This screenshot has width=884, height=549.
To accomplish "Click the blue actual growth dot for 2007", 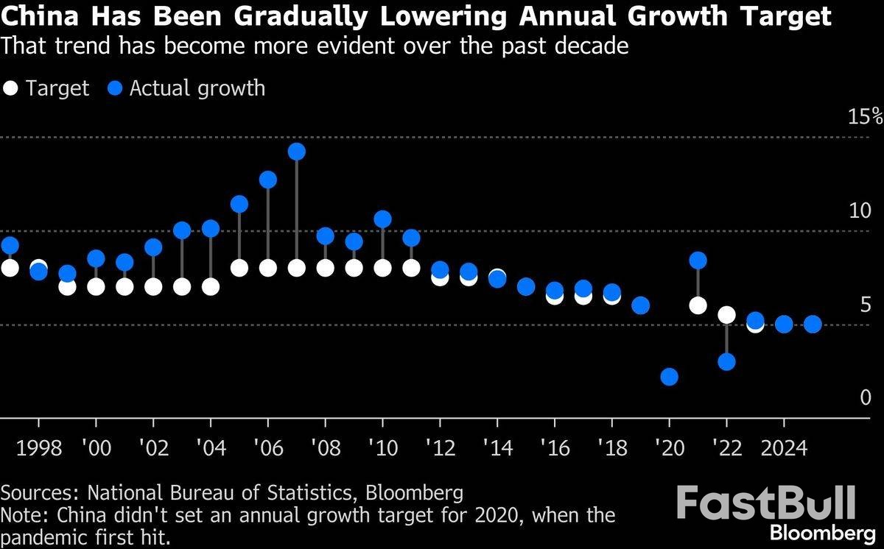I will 297,152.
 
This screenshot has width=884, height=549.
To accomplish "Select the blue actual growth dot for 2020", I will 669,377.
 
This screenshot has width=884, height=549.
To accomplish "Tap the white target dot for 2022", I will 726,315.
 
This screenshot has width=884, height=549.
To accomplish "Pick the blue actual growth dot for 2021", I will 698,261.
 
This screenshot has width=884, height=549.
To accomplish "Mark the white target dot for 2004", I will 211,286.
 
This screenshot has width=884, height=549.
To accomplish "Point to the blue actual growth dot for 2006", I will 268,180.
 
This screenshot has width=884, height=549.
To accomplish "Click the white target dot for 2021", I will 698,305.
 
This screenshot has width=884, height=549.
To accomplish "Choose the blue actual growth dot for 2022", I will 726,361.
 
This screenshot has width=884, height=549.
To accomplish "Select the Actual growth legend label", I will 197,89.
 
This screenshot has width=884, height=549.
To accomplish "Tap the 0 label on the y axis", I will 865,398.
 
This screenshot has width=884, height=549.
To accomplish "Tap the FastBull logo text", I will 766,503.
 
